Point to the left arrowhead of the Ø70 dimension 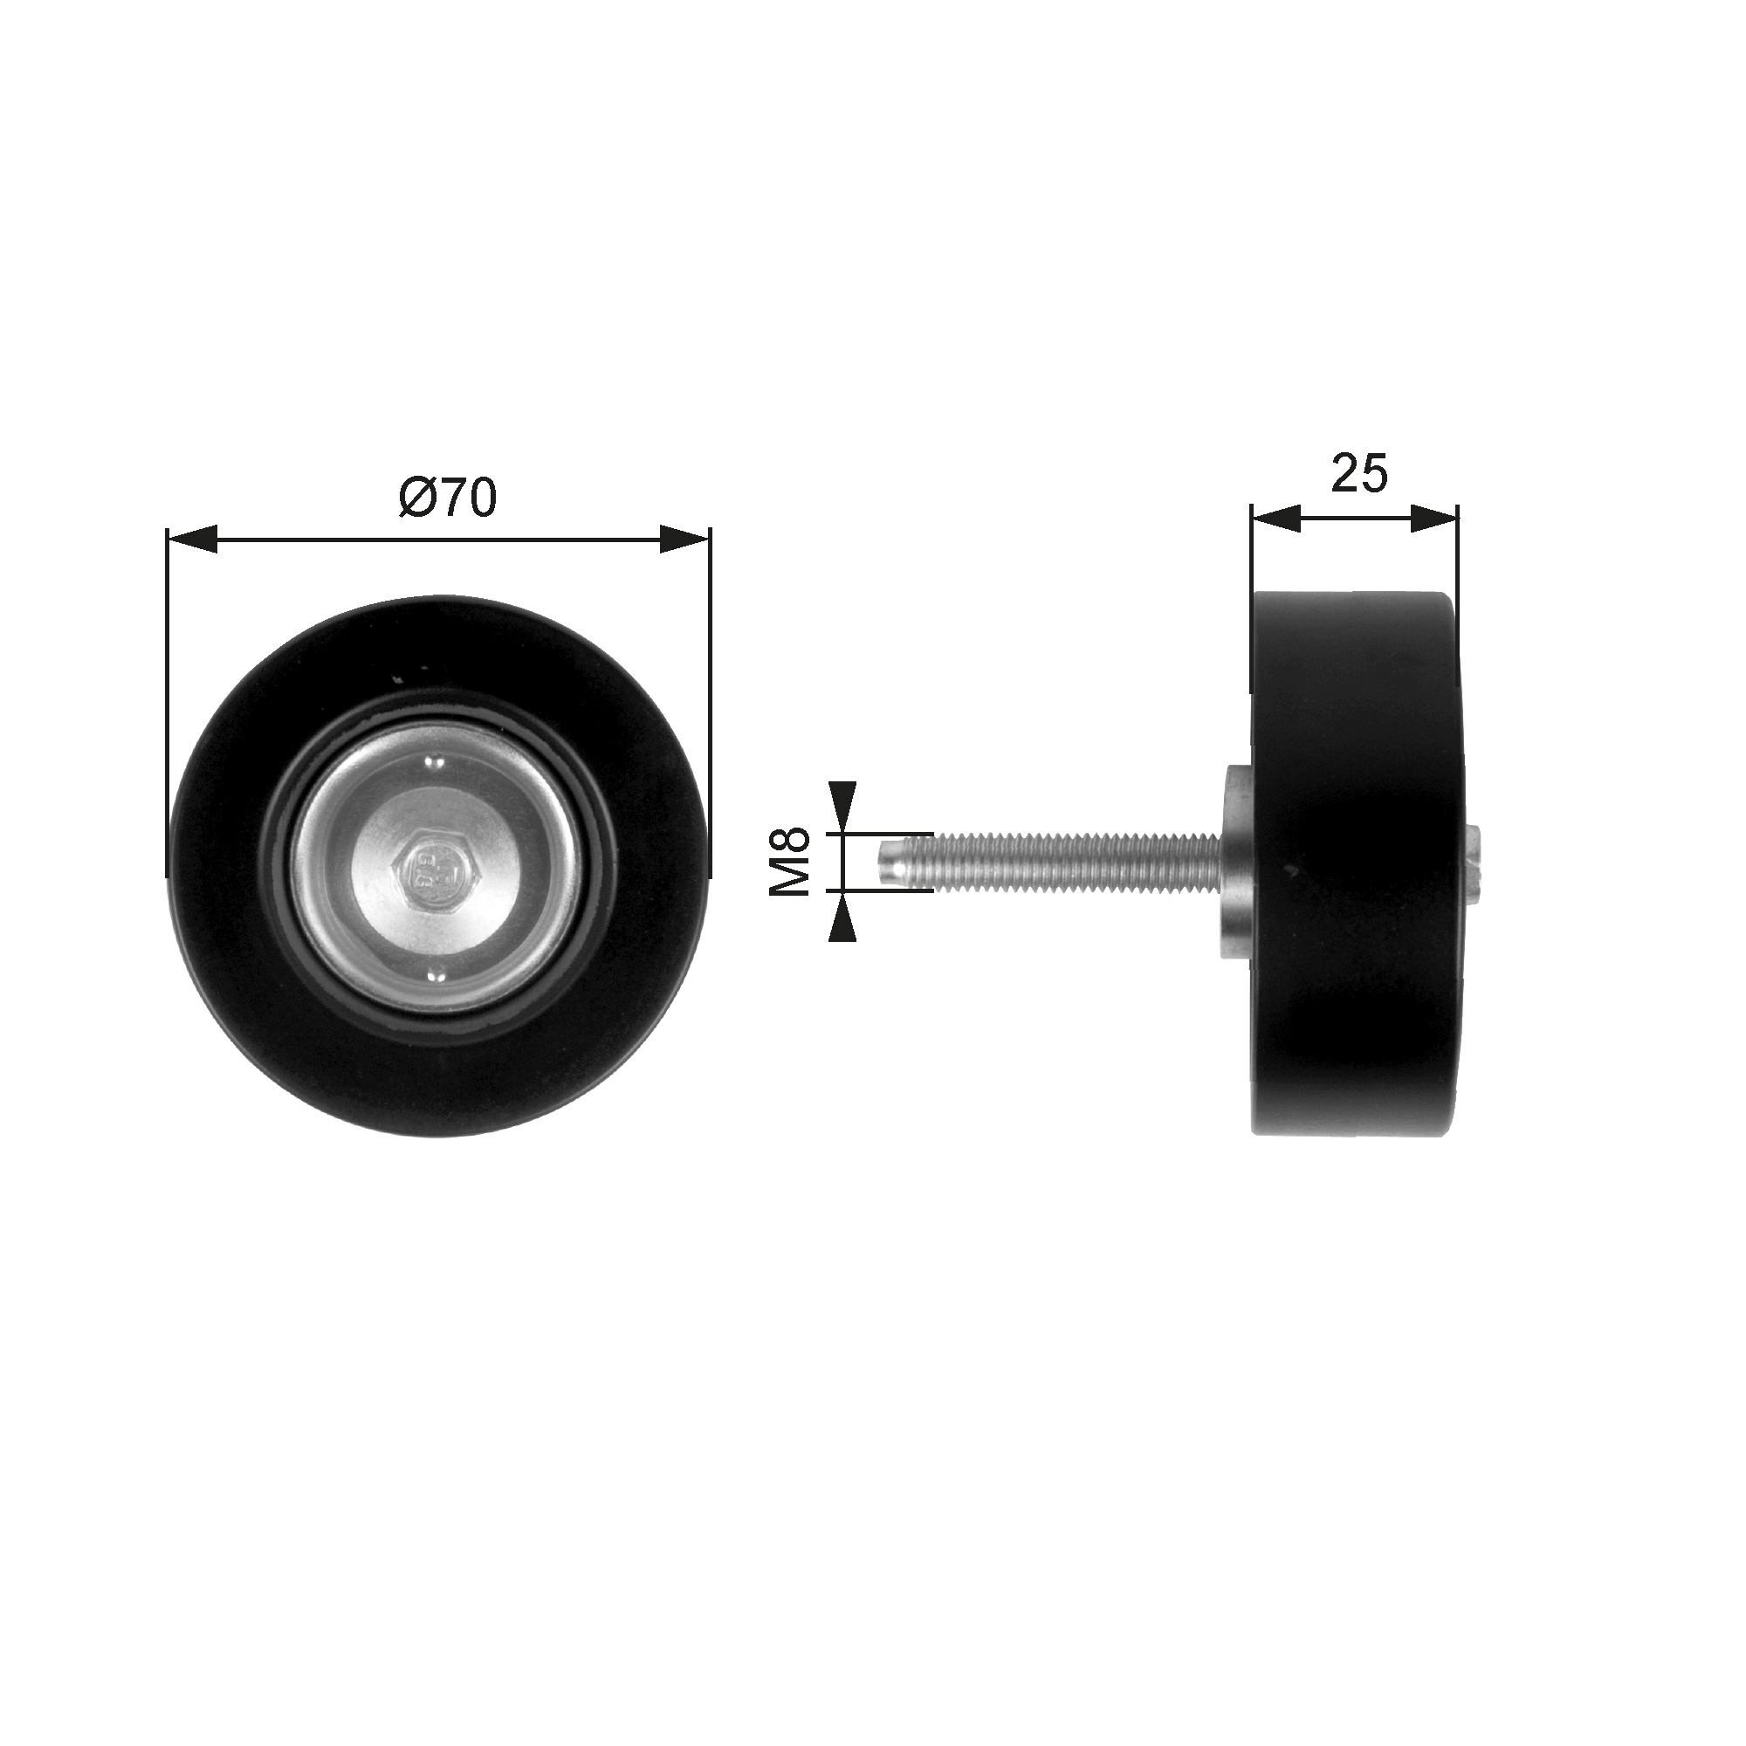[192, 540]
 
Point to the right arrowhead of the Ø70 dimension [686, 540]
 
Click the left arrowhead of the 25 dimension [1275, 518]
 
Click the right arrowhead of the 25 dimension [1434, 518]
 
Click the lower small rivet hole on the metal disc [436, 973]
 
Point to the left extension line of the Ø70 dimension [168, 705]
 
